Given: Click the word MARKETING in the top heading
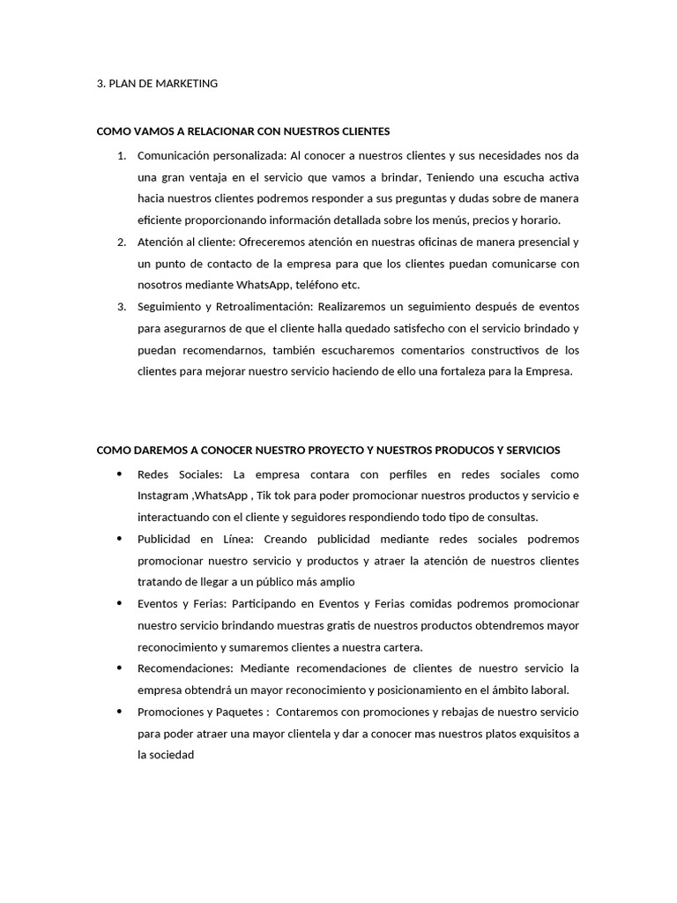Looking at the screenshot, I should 183,84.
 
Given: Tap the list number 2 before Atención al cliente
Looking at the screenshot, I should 121,242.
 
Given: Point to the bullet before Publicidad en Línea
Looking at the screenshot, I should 119,538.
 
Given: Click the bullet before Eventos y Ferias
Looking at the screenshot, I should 119,603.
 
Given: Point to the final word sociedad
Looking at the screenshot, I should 171,755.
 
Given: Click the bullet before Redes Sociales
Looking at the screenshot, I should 119,474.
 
